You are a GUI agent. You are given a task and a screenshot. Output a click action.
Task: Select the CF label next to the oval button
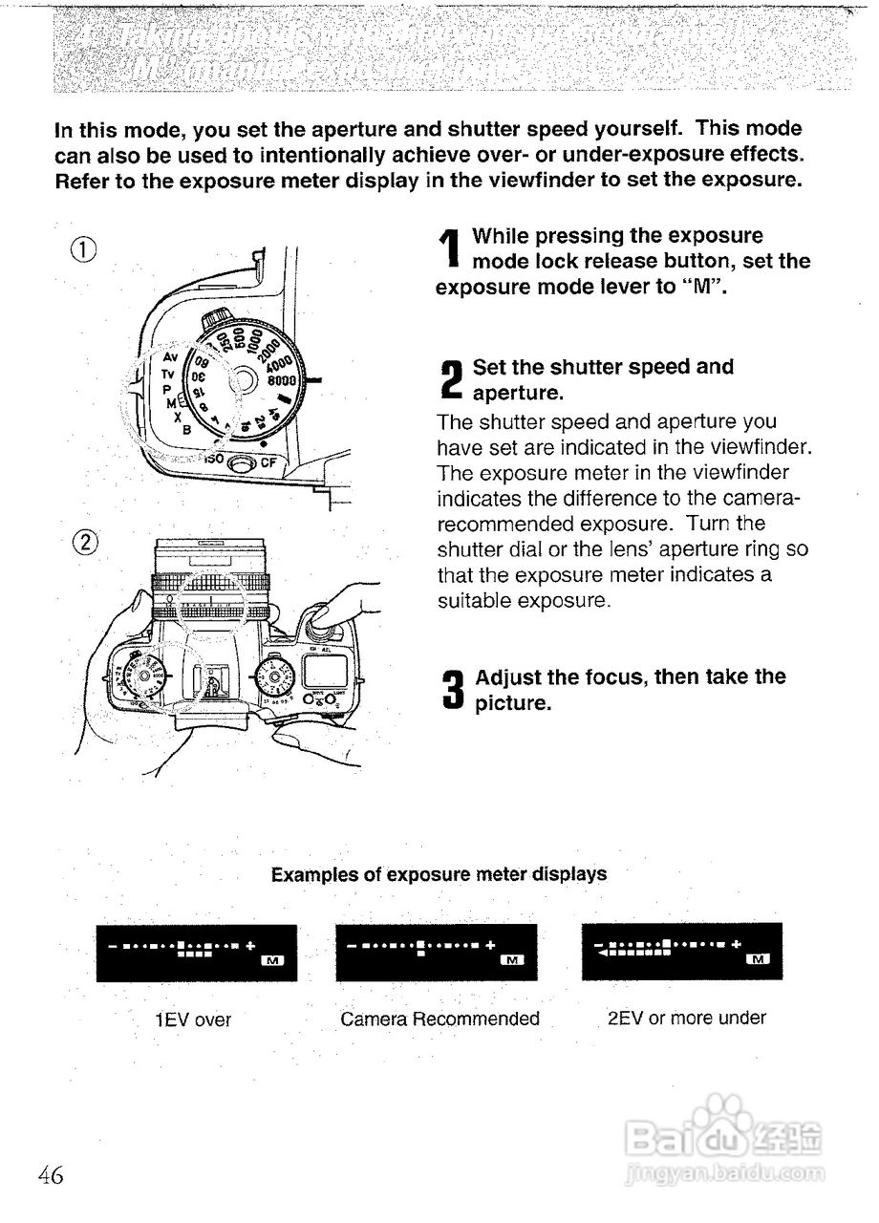tap(269, 461)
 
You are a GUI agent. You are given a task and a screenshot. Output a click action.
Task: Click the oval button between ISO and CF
tap(243, 462)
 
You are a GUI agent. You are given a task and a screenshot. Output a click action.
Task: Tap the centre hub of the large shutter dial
tap(242, 381)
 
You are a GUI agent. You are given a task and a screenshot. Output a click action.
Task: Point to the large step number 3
tap(453, 690)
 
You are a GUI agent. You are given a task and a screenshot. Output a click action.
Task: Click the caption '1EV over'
tap(194, 1020)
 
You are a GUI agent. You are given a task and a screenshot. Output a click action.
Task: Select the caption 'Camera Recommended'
tap(439, 1019)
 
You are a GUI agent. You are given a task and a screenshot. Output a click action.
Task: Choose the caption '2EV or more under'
tap(686, 1019)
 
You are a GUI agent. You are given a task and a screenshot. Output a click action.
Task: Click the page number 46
tap(52, 1175)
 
